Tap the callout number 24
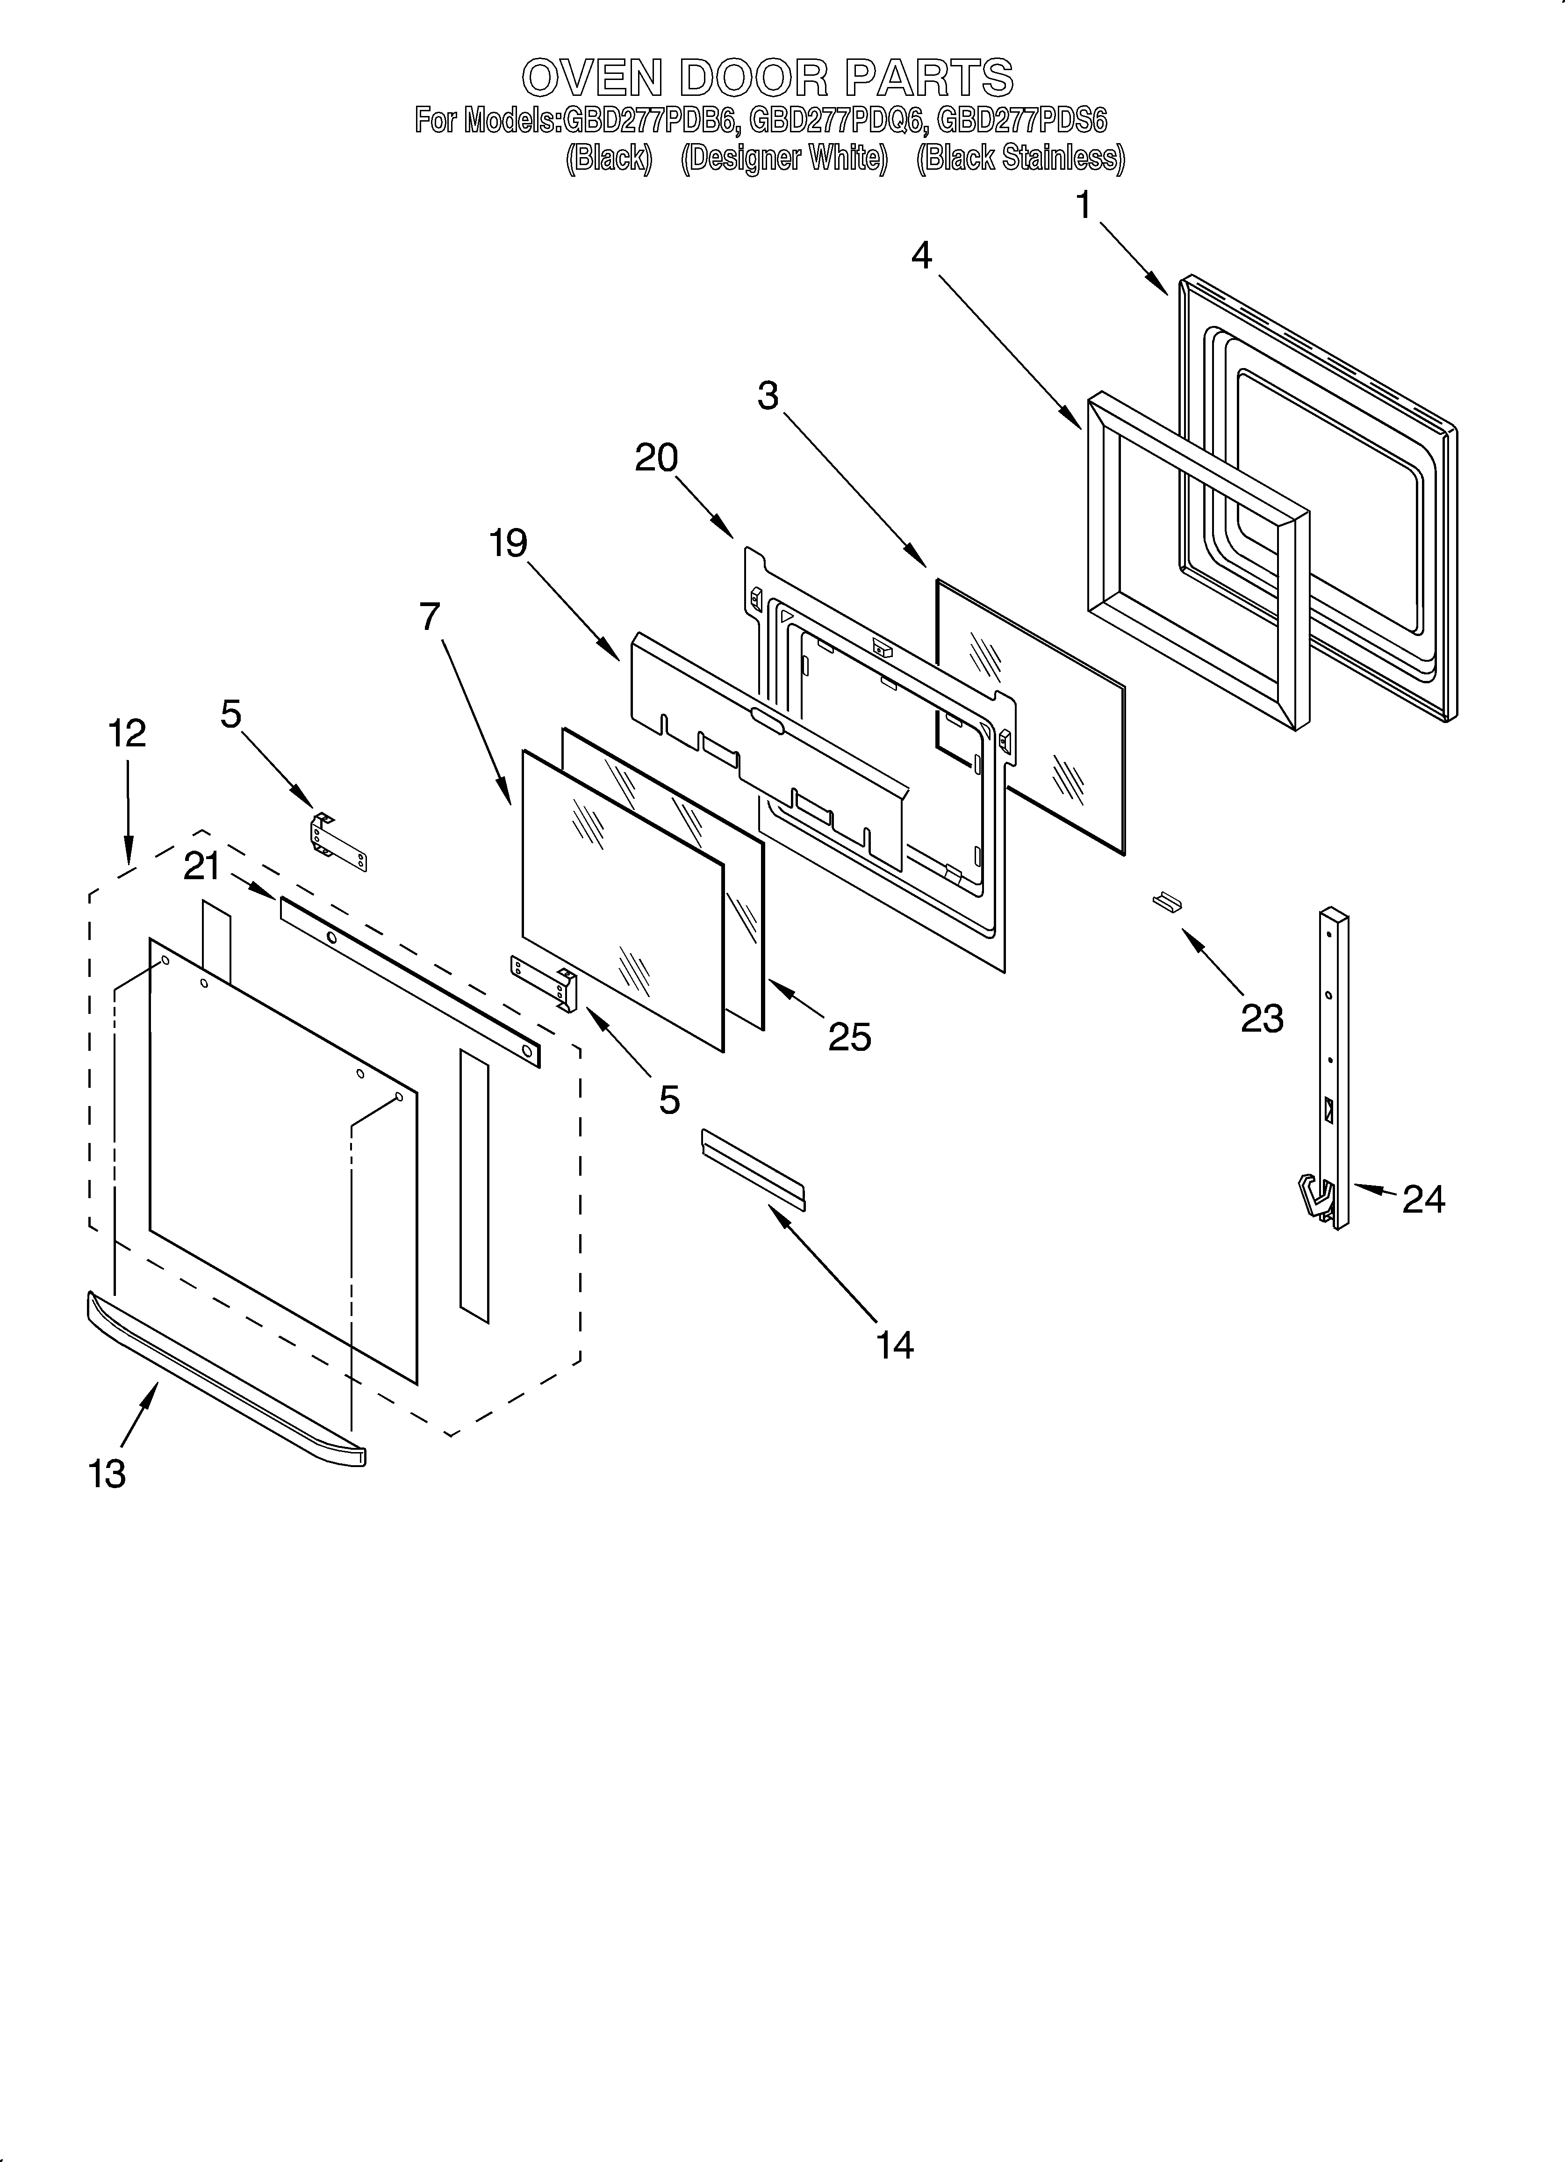pyautogui.click(x=1423, y=1198)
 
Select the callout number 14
pyautogui.click(x=894, y=1345)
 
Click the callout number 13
pyautogui.click(x=107, y=1474)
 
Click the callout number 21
pyautogui.click(x=202, y=867)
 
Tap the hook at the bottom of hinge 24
pyautogui.click(x=1315, y=1198)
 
